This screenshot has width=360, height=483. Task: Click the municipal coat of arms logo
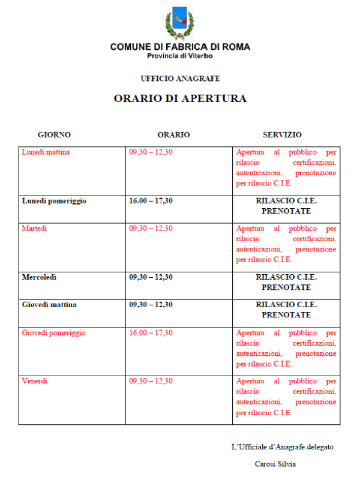180,23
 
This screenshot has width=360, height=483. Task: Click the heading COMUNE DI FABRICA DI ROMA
180,47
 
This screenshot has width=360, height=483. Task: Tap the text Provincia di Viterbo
180,56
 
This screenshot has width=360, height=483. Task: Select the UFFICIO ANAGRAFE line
180,79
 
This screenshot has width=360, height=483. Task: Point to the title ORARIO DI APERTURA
180,99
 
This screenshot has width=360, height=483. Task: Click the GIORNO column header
54,135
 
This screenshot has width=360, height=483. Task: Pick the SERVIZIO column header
282,135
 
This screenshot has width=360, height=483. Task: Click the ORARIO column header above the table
173,135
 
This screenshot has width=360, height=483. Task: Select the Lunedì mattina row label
46,152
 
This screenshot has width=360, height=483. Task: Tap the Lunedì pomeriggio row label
54,201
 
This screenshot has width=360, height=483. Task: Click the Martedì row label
34,228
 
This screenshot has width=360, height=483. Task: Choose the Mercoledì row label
43,277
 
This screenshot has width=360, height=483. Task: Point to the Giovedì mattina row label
49,305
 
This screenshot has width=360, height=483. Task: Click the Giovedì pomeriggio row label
53,332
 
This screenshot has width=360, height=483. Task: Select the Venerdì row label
34,381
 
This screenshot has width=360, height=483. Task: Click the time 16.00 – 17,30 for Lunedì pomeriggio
151,201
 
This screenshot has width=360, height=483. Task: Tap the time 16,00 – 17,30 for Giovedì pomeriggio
151,332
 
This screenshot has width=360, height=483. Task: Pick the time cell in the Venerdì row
151,381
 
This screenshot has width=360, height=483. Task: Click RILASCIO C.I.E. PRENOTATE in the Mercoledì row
286,282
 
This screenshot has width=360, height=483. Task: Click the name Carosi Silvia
275,463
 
